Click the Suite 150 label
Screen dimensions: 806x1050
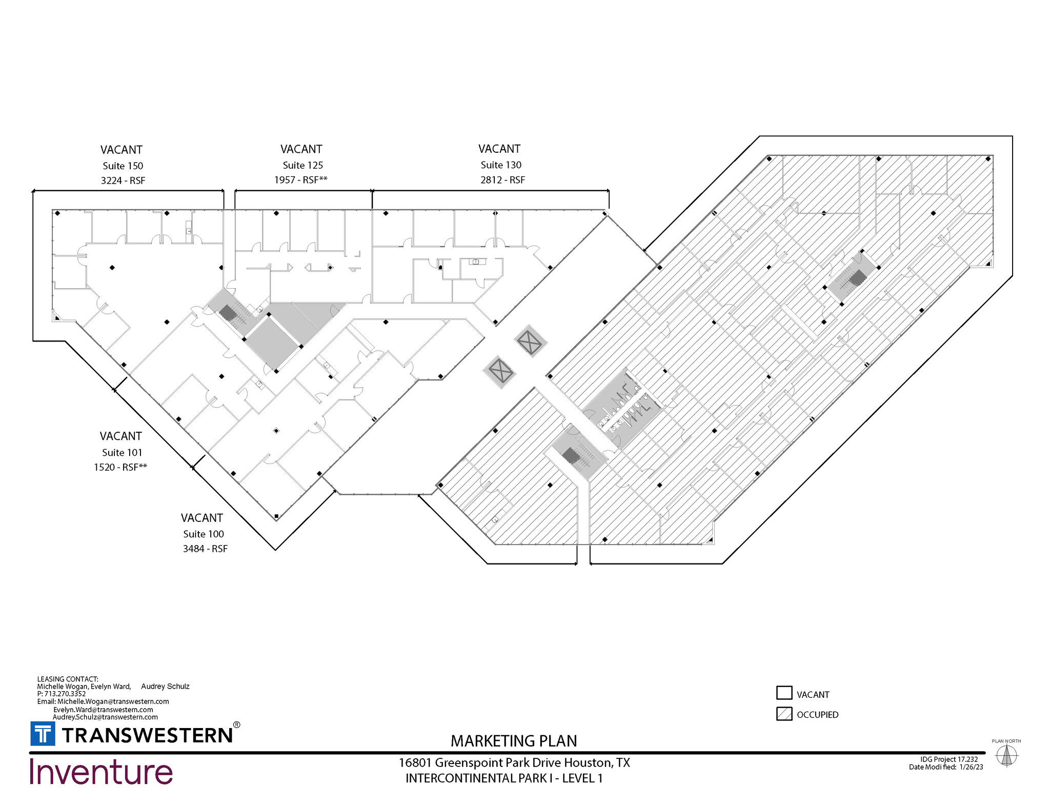point(123,166)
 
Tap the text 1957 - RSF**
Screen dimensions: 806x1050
point(300,180)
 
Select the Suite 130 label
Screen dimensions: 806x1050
point(500,165)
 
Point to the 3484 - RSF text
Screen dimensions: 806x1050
point(205,549)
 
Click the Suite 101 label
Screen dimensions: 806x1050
point(122,452)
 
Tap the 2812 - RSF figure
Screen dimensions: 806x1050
point(502,180)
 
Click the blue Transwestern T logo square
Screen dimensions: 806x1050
point(43,734)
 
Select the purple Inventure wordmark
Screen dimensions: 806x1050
point(101,772)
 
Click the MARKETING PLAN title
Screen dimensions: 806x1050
point(514,741)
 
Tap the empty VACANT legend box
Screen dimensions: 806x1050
point(784,693)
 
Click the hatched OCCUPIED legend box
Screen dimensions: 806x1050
point(784,714)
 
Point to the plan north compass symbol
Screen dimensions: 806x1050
point(1006,755)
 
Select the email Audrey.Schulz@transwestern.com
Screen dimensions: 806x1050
point(105,717)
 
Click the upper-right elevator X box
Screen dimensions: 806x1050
point(530,341)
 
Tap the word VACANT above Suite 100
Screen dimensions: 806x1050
point(202,518)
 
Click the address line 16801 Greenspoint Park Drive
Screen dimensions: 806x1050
point(514,763)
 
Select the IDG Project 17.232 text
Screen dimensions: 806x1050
point(949,759)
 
